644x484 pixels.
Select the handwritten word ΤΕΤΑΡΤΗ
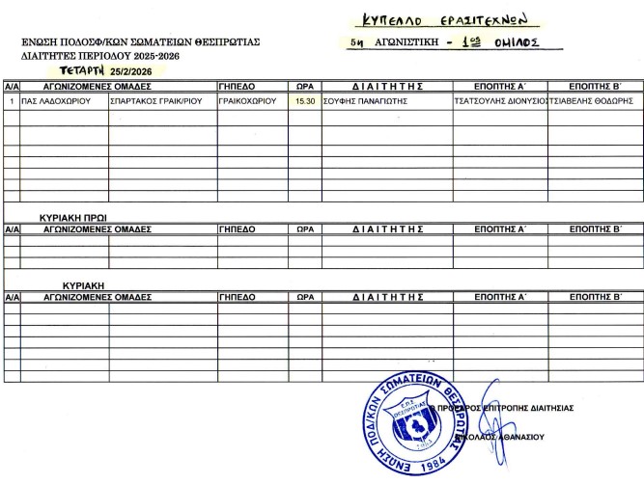(81, 70)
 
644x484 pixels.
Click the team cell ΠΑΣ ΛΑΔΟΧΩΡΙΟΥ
(48, 100)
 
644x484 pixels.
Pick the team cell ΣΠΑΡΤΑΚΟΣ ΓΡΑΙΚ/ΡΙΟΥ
(156, 100)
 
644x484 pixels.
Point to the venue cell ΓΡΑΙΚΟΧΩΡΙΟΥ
(248, 100)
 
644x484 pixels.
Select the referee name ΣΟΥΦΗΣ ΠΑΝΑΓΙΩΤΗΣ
(363, 100)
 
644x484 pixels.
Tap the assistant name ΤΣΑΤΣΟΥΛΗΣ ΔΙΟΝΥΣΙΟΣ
(499, 100)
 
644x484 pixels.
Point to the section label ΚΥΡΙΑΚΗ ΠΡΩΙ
(72, 218)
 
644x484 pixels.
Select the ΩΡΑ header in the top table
(304, 85)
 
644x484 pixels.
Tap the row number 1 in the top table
(11, 100)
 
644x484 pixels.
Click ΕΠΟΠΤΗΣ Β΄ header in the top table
(594, 85)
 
